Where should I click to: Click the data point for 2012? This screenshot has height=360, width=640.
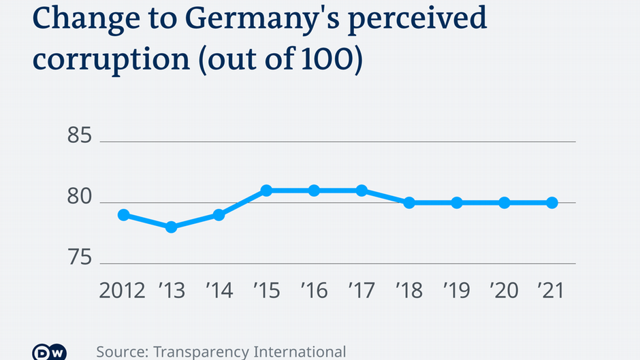pyautogui.click(x=123, y=215)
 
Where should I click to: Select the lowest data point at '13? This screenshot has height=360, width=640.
pyautogui.click(x=171, y=227)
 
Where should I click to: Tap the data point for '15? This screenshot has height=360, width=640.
pyautogui.click(x=266, y=191)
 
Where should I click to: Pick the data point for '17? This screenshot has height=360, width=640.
pyautogui.click(x=362, y=191)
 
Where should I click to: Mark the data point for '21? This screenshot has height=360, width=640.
pyautogui.click(x=552, y=203)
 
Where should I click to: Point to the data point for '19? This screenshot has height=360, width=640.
pyautogui.click(x=457, y=203)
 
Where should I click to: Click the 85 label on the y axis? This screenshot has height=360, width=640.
pyautogui.click(x=80, y=136)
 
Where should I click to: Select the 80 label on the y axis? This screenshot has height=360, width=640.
pyautogui.click(x=80, y=197)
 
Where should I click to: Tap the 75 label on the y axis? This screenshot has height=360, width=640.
pyautogui.click(x=80, y=258)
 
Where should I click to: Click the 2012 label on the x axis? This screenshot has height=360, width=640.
pyautogui.click(x=123, y=291)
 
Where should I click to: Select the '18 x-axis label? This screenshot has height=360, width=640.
pyautogui.click(x=409, y=291)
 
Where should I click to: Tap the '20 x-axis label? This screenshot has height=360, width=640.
pyautogui.click(x=504, y=291)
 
